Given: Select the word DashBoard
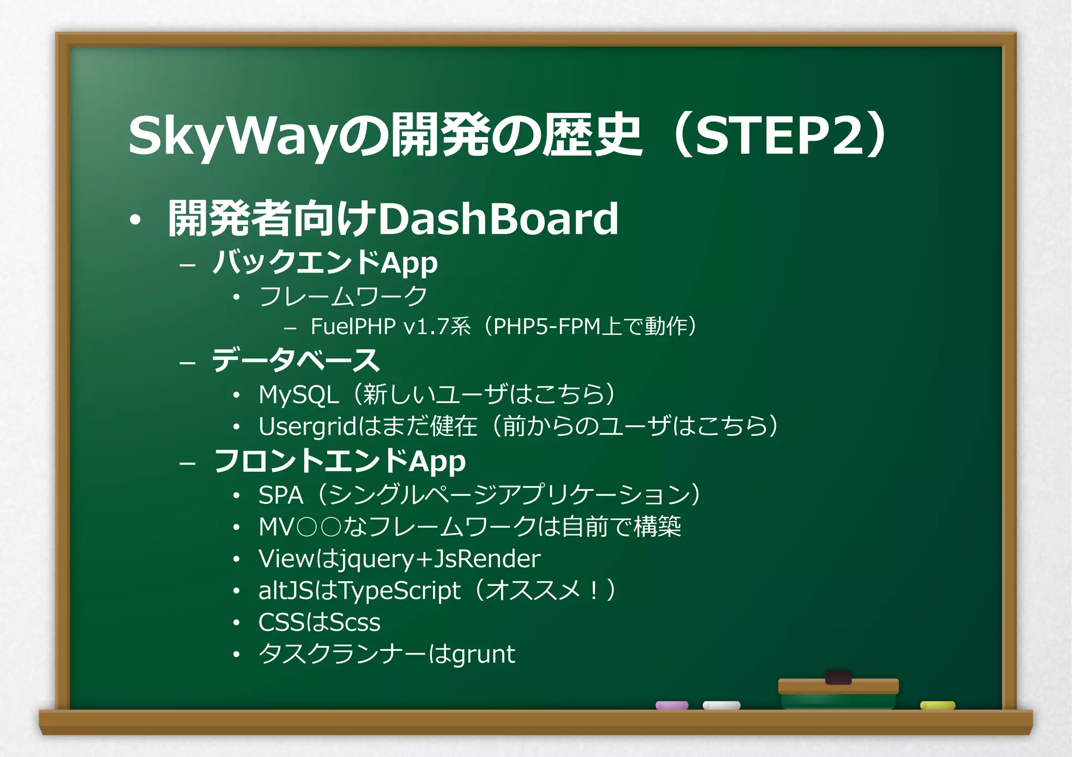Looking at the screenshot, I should [x=498, y=219].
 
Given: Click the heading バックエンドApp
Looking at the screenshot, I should [x=325, y=262].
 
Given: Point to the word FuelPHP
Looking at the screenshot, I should [x=353, y=326].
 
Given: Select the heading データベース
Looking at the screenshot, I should [x=295, y=360].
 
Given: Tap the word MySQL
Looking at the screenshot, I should [x=298, y=394].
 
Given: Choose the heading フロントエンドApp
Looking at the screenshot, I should [x=339, y=461].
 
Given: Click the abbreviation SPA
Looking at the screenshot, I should [x=281, y=495].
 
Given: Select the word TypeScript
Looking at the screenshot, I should [x=400, y=591].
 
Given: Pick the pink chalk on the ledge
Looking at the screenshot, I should [x=672, y=705].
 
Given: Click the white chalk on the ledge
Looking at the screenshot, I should [x=721, y=705].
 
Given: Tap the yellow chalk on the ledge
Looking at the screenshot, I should [x=937, y=705].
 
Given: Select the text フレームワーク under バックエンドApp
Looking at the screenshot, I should [x=343, y=296].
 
